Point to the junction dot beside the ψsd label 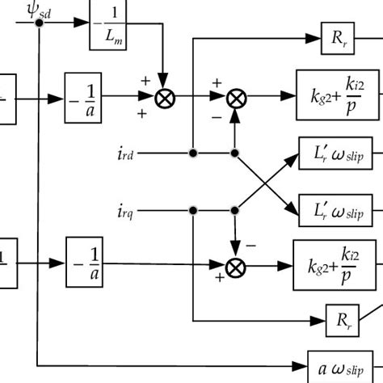click(x=38, y=23)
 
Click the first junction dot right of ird click(x=192, y=152)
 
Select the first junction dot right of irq click(x=192, y=211)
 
